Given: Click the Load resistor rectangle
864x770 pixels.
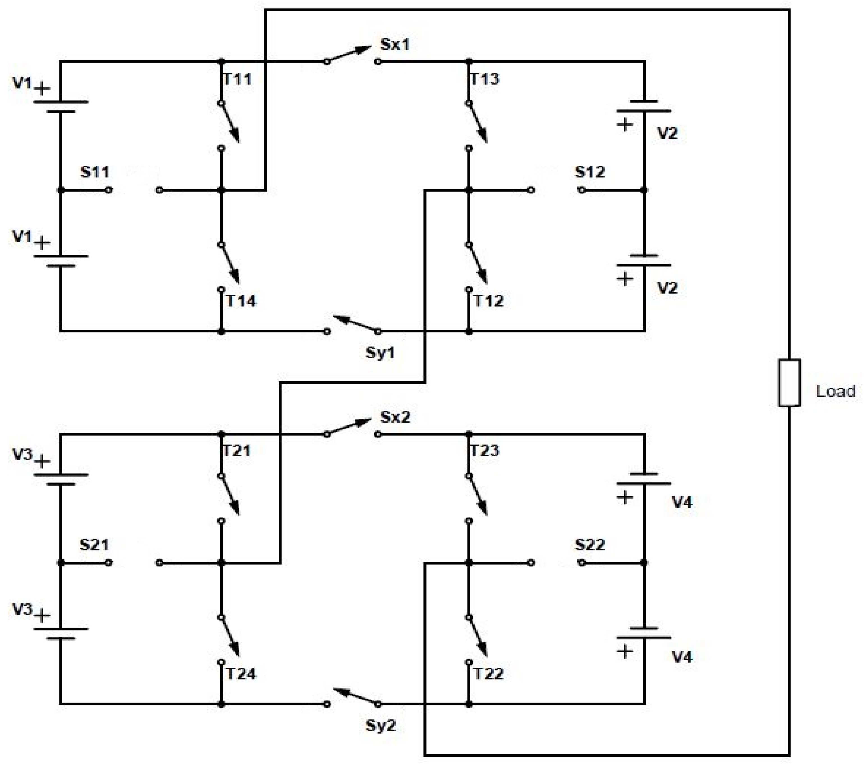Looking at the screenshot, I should [789, 383].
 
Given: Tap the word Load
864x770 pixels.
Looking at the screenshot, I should [835, 391].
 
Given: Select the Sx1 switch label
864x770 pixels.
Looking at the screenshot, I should [395, 44].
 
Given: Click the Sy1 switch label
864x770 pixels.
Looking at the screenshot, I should [380, 352].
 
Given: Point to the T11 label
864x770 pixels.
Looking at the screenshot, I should [237, 79].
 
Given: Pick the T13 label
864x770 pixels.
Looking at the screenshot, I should [485, 79].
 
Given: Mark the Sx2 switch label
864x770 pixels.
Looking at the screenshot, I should [395, 417].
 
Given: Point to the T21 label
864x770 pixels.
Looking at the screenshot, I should [237, 451].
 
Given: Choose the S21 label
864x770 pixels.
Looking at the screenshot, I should [94, 545].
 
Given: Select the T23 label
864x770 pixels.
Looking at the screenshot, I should [485, 451].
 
